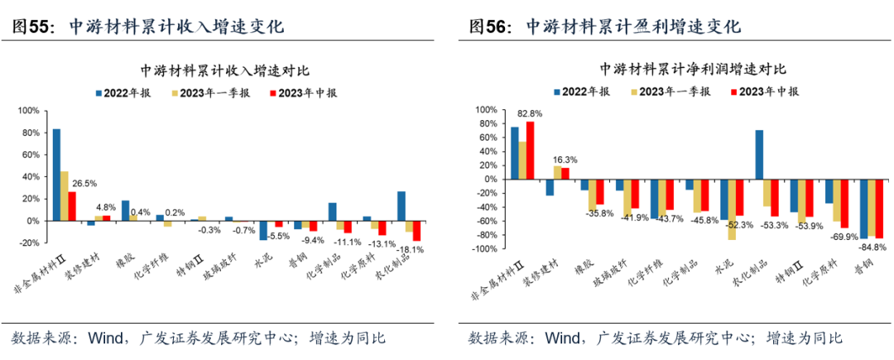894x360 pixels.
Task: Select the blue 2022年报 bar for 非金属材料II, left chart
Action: coord(56,175)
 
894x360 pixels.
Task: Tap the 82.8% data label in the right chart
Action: coord(531,113)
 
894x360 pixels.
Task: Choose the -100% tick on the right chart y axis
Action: coord(484,249)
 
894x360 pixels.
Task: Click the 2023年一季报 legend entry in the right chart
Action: coord(671,91)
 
